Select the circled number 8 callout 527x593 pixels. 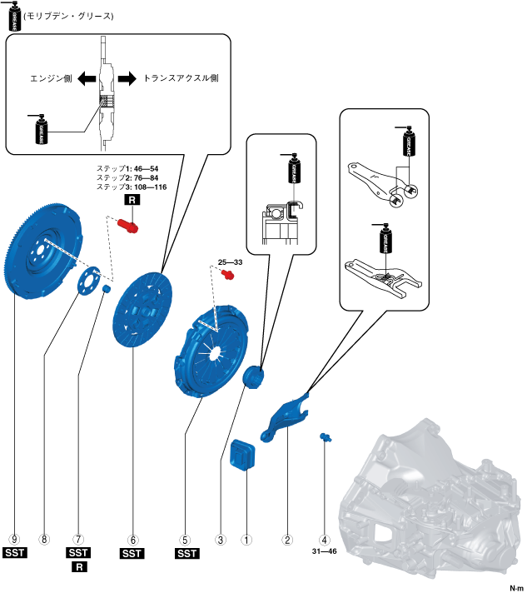[45, 539]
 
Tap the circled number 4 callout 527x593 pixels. [324, 539]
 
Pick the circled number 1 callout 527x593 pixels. [246, 539]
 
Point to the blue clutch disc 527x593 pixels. [139, 308]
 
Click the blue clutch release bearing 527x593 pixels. [253, 376]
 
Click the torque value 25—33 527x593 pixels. [230, 262]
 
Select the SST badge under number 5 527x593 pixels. [186, 553]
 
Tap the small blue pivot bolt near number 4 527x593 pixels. [325, 436]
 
